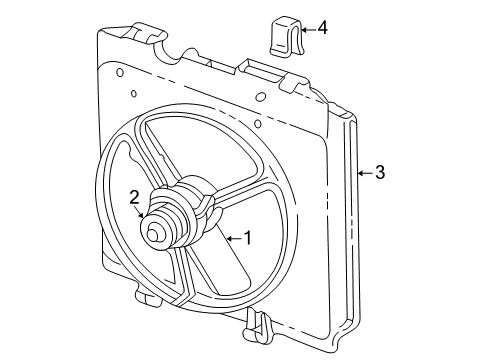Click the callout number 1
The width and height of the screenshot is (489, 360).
tap(249, 238)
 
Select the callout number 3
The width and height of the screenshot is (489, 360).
tap(378, 172)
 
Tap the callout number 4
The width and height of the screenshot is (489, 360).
tap(321, 27)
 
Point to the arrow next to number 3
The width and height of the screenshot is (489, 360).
tap(363, 172)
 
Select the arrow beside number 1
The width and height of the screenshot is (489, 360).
tap(234, 238)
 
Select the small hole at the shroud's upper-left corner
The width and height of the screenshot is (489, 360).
tap(119, 72)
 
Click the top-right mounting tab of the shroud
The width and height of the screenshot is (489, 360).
tap(295, 82)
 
